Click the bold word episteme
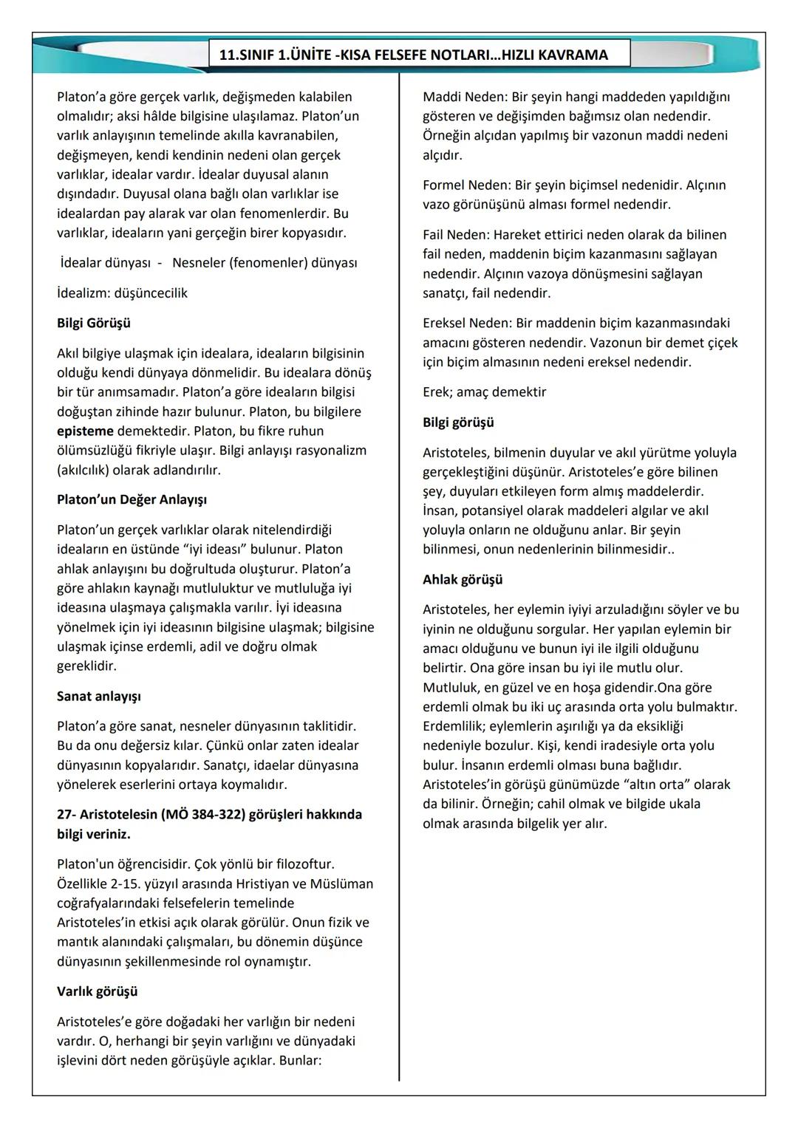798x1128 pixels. tap(85, 431)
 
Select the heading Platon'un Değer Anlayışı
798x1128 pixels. tap(132, 499)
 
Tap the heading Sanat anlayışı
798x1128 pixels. tap(99, 696)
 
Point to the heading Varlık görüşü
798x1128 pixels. tap(98, 991)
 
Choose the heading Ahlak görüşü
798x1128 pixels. tap(463, 579)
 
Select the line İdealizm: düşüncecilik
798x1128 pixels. tap(122, 293)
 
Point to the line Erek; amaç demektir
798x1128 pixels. tap(484, 392)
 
